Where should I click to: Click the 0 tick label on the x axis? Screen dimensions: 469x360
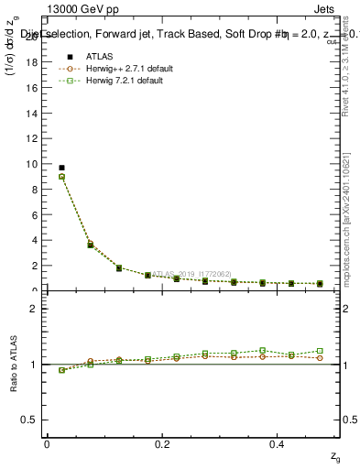(47, 442)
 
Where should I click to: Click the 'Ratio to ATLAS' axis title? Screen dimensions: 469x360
(15, 364)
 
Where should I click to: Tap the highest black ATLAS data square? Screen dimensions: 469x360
(61, 168)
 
